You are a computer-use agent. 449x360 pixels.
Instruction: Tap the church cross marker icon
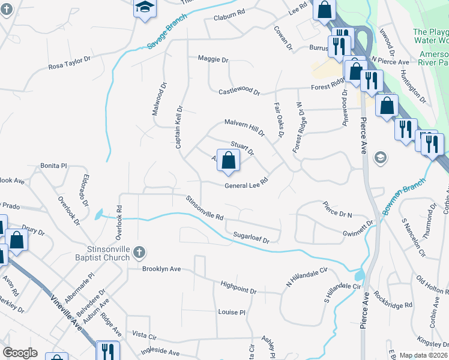[139, 252]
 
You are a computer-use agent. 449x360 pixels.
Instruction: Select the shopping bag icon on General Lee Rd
[228, 161]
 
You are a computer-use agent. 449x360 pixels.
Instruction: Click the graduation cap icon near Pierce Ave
[379, 158]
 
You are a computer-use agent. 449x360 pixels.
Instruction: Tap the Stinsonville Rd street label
[204, 208]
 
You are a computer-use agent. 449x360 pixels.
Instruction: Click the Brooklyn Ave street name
[161, 269]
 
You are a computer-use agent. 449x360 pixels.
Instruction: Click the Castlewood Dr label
[239, 91]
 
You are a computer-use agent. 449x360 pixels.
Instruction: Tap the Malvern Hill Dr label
[244, 126]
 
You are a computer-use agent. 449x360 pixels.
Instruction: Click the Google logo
[20, 353]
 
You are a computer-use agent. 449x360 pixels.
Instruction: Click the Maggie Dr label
[213, 60]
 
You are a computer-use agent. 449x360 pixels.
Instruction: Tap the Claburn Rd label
[229, 19]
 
